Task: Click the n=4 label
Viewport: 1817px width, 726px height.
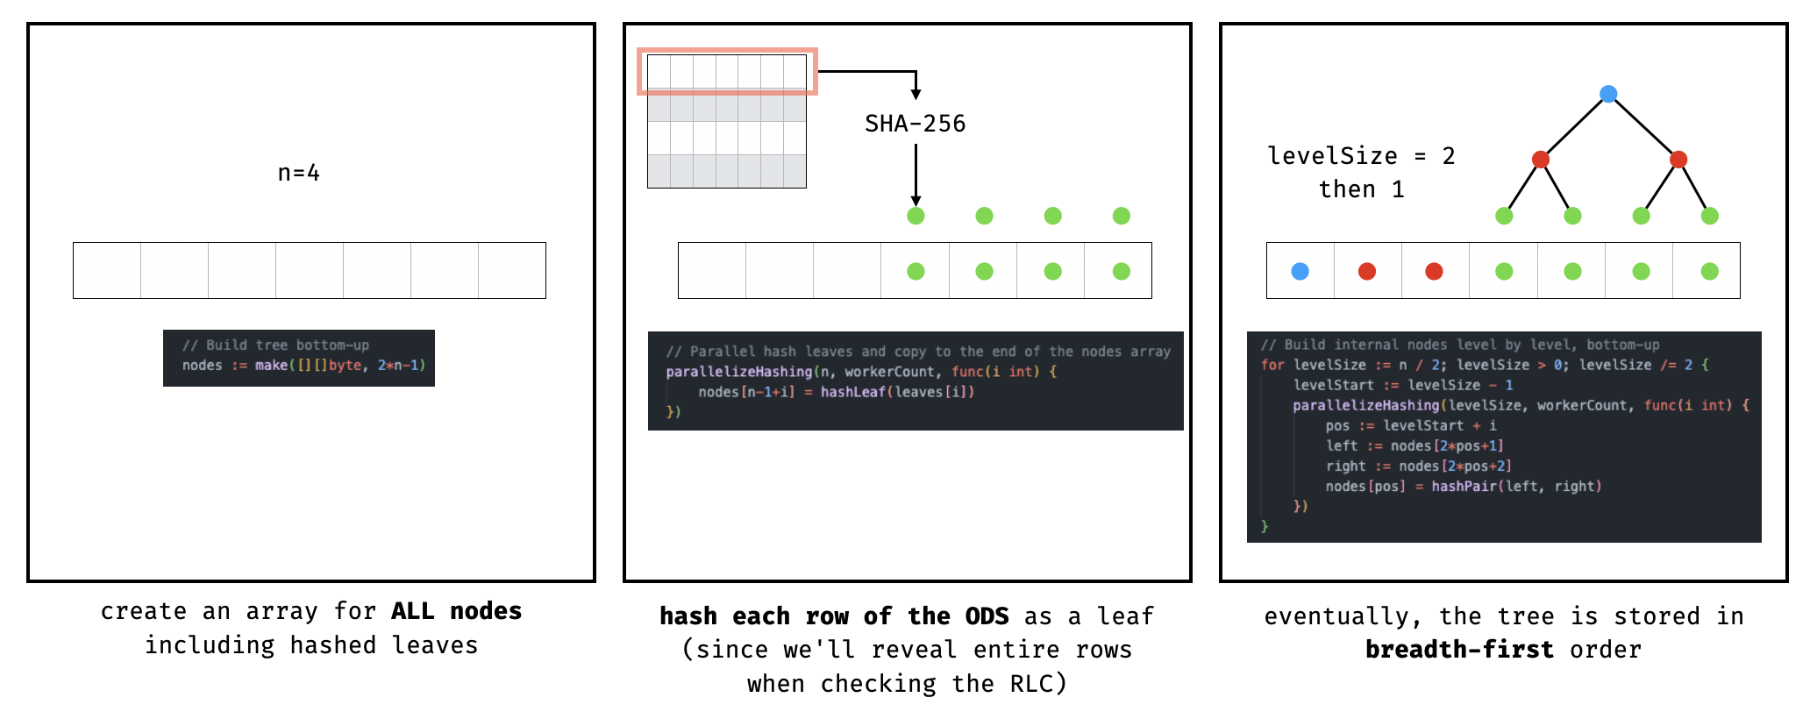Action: (298, 173)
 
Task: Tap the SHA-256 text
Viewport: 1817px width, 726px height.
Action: (915, 124)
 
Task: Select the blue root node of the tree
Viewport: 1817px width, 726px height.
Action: (1608, 94)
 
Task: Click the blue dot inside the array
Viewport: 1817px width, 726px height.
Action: (1300, 271)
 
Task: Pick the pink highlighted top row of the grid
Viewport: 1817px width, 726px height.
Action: (727, 72)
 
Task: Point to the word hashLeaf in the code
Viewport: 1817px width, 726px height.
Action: (852, 392)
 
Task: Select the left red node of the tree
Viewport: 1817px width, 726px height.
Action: (1540, 159)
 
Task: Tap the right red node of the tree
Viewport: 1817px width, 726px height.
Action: (1678, 159)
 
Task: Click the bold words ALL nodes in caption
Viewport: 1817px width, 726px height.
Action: (456, 611)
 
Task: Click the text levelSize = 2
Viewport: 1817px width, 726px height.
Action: (1361, 156)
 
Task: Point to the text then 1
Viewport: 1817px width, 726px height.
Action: (1361, 189)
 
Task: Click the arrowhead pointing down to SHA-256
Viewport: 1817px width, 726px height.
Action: (916, 94)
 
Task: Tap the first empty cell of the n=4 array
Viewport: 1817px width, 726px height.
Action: (107, 270)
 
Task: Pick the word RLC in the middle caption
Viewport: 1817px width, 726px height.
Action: (1030, 683)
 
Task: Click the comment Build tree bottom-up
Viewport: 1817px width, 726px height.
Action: (275, 345)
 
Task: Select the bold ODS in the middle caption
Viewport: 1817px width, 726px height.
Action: (987, 616)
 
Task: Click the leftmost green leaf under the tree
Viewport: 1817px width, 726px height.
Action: (1504, 216)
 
